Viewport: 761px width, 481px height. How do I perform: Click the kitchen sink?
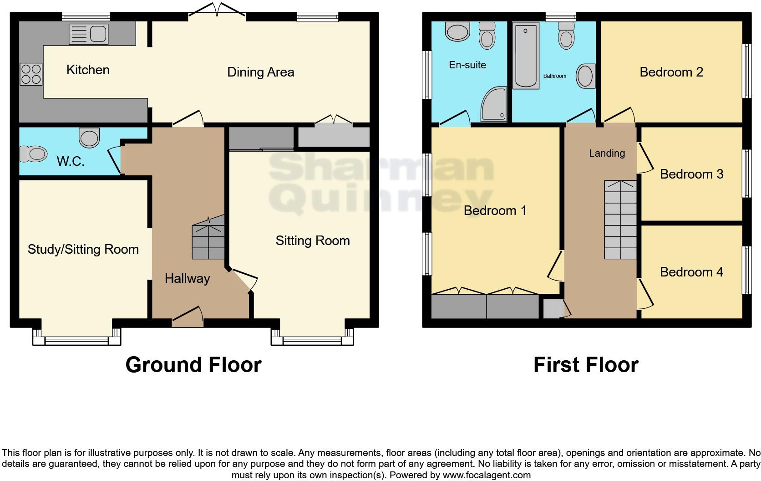89,34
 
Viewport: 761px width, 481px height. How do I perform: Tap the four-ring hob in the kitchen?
31,74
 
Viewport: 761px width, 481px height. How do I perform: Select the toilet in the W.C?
34,154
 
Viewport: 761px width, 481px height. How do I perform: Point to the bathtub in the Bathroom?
526,55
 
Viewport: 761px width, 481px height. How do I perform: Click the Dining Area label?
260,72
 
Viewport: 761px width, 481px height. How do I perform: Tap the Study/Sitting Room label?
83,249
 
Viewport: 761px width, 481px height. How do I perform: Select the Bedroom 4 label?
691,272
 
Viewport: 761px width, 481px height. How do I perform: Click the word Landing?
606,153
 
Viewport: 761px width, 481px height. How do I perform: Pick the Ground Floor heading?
193,365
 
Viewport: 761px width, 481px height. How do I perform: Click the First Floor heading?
585,365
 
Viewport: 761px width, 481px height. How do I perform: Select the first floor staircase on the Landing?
620,220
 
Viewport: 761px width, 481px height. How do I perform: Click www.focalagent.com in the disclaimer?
486,475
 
